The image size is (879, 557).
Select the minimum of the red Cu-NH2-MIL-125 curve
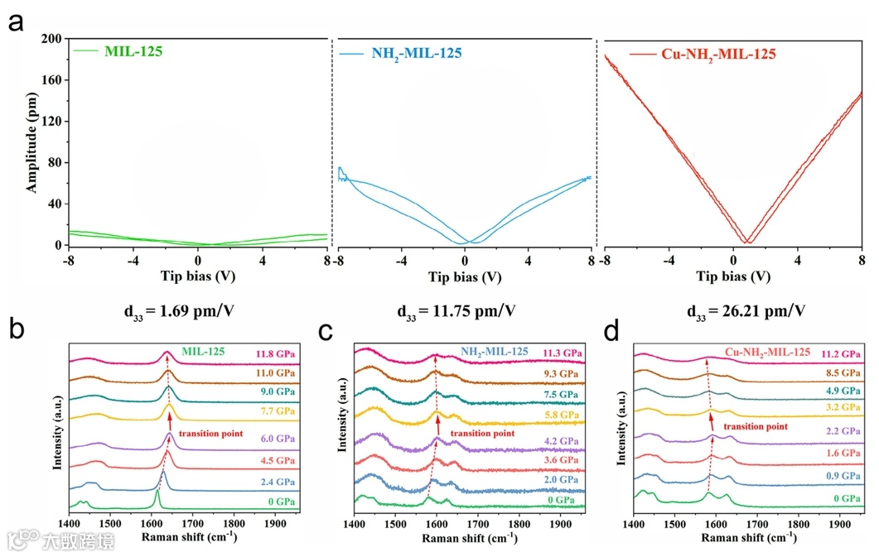pyautogui.click(x=747, y=242)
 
